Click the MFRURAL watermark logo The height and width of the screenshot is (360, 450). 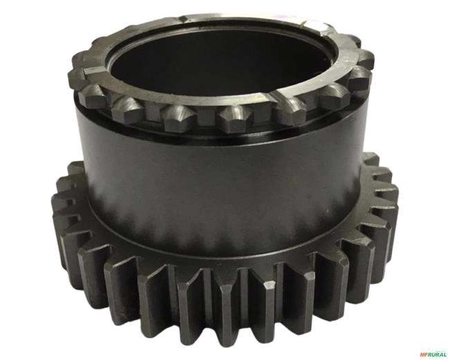pyautogui.click(x=433, y=354)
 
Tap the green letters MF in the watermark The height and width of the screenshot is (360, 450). pyautogui.click(x=424, y=354)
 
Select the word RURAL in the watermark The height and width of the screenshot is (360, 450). pyautogui.click(x=438, y=354)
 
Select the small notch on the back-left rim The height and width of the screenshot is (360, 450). pyautogui.click(x=184, y=19)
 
